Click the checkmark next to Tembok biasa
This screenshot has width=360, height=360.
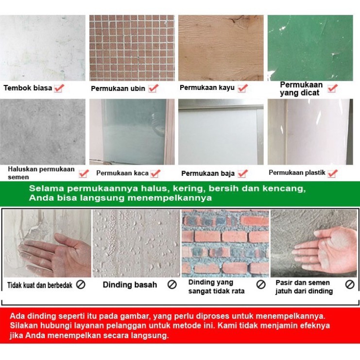(59, 88)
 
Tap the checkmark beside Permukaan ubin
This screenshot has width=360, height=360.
(154, 88)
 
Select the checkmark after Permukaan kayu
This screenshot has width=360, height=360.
(243, 88)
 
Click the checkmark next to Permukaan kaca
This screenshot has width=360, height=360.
(155, 173)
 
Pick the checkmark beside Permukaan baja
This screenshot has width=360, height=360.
(243, 173)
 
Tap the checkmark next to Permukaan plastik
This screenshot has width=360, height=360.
(332, 172)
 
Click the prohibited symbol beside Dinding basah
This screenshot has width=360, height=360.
(172, 285)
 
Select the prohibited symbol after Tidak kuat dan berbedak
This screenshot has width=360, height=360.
(81, 285)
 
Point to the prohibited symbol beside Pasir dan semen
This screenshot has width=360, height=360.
(350, 285)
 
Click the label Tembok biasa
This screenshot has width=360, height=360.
(28, 88)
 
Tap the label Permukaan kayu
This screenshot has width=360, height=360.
(207, 88)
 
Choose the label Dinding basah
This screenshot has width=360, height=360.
(130, 285)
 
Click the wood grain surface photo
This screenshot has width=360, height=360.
(221, 48)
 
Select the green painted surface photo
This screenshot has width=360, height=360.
(310, 48)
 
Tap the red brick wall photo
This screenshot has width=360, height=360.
(225, 243)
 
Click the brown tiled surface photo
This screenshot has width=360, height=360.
(132, 48)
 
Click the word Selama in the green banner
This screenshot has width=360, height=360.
(42, 189)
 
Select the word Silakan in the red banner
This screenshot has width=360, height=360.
(23, 326)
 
